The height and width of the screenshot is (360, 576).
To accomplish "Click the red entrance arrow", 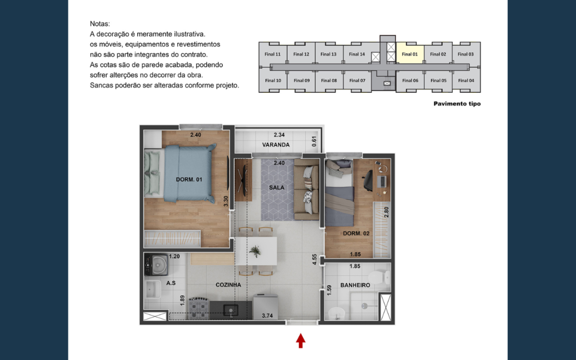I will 301,341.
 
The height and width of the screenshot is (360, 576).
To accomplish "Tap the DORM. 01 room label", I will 189,180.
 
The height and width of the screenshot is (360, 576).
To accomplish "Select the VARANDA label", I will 276,145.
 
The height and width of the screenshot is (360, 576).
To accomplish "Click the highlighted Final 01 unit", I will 410,54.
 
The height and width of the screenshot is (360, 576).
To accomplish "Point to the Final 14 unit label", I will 357,54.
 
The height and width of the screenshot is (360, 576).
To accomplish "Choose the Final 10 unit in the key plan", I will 273,80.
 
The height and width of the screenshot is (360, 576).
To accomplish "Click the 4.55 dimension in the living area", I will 314,259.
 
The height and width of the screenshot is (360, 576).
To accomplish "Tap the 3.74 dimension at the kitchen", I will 267,316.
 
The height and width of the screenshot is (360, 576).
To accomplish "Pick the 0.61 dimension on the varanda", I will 314,141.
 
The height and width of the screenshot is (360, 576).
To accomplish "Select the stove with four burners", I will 199,308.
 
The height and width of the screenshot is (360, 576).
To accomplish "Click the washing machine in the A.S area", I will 156,264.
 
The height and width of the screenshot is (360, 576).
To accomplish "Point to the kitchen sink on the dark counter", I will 230,310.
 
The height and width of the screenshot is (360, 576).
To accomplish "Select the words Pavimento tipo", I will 457,104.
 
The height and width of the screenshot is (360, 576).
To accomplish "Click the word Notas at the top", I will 100,24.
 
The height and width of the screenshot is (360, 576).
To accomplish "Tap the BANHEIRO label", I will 355,285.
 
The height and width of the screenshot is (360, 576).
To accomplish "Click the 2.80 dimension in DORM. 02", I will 386,212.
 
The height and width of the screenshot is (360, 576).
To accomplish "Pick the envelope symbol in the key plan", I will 387,83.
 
